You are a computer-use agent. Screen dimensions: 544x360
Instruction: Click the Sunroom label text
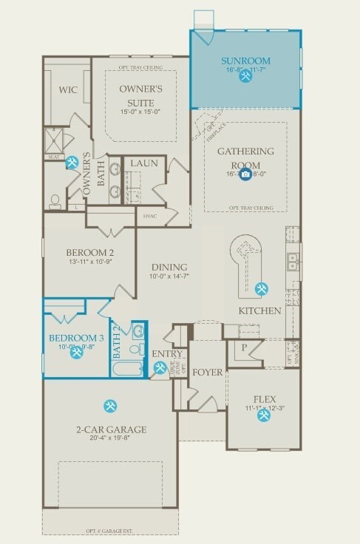245,61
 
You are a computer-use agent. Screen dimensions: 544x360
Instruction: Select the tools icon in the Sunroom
245,76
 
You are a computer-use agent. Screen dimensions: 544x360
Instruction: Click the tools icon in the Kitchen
262,288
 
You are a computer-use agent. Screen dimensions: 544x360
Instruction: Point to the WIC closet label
68,89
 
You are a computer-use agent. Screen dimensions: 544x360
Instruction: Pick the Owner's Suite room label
140,94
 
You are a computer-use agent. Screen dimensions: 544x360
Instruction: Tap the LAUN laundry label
144,163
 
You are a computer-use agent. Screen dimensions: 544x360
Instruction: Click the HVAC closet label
151,217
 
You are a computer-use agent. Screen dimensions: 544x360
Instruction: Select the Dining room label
169,268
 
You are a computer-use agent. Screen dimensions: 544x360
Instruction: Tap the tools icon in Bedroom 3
77,353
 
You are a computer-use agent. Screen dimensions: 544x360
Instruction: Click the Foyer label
208,373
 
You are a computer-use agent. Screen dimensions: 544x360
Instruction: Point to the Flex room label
265,398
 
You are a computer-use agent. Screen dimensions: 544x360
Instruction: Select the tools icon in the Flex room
264,415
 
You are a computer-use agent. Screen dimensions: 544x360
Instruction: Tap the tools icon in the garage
110,406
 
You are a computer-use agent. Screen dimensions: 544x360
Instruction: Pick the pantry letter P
244,347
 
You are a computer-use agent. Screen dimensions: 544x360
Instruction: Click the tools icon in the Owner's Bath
72,162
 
